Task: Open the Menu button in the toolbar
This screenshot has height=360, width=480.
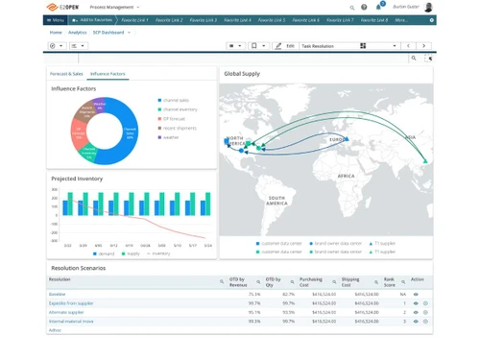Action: pos(56,19)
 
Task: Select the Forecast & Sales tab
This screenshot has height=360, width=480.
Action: pos(66,73)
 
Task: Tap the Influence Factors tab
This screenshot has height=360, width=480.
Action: pos(108,73)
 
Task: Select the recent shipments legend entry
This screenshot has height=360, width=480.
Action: pos(179,127)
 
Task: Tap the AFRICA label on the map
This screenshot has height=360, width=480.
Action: pos(346,176)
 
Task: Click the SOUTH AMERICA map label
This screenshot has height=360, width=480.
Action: pos(276,200)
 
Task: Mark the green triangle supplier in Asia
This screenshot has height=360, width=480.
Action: pos(423,148)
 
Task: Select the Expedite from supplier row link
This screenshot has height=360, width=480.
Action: pos(70,302)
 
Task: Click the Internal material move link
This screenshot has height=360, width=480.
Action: pos(71,321)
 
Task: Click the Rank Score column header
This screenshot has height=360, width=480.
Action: pos(389,282)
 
